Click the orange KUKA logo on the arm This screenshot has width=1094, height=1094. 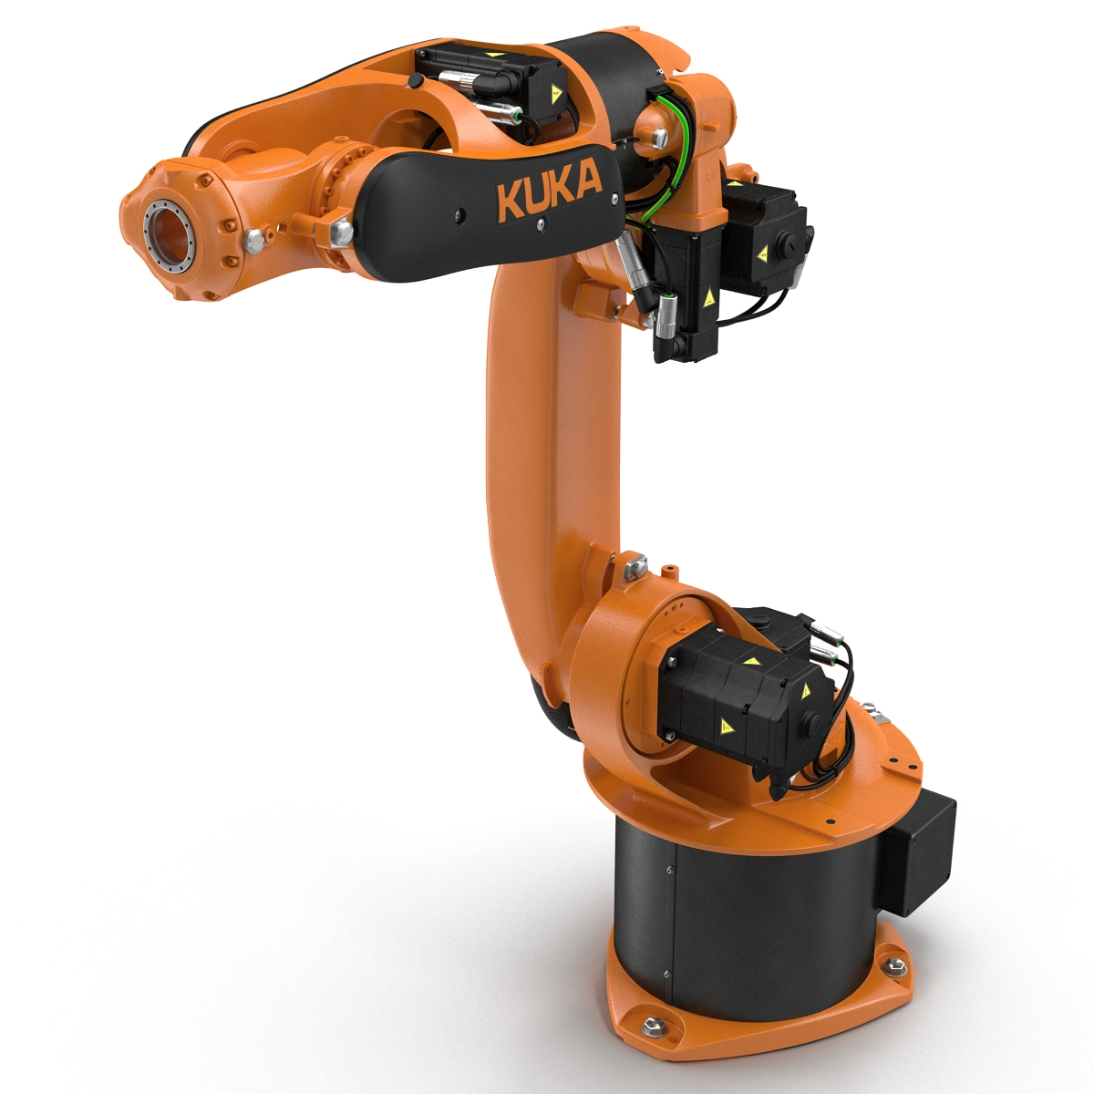(x=549, y=189)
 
